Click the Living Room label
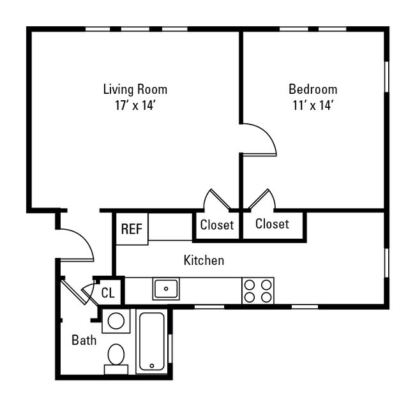[x=135, y=89]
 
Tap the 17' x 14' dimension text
[x=135, y=105]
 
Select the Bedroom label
[x=313, y=89]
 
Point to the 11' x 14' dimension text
[x=313, y=105]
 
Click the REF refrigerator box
[x=132, y=229]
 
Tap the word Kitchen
[x=204, y=260]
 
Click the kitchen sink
[x=166, y=289]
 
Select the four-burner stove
[x=258, y=291]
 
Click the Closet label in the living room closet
[x=217, y=225]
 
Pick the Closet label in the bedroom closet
[x=272, y=223]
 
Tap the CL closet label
[x=108, y=293]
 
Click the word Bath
[x=84, y=340]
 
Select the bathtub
[x=152, y=342]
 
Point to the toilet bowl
[x=116, y=354]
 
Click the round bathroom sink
[x=116, y=321]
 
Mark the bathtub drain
[x=152, y=366]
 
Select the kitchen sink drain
[x=166, y=289]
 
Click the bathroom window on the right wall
[x=170, y=349]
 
